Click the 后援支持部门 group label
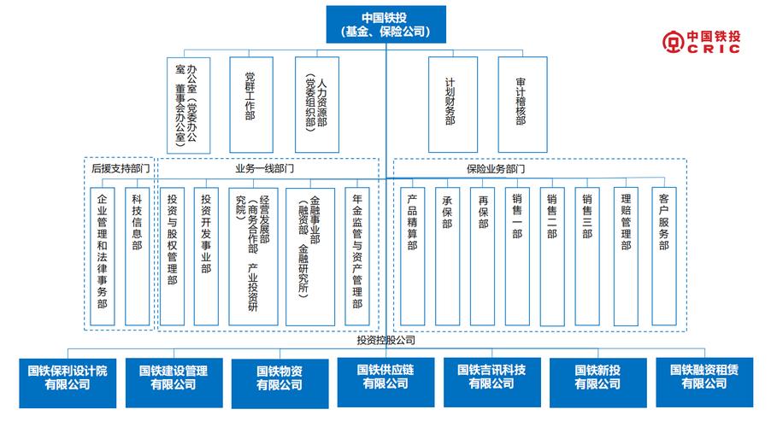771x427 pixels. (121, 169)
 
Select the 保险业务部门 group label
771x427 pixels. (497, 169)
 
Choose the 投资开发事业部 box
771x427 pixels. (206, 255)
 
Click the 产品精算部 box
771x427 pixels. (412, 255)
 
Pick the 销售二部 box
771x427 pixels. (551, 255)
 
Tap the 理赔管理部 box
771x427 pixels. (626, 255)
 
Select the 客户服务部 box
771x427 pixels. (664, 255)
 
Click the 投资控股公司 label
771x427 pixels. (386, 340)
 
